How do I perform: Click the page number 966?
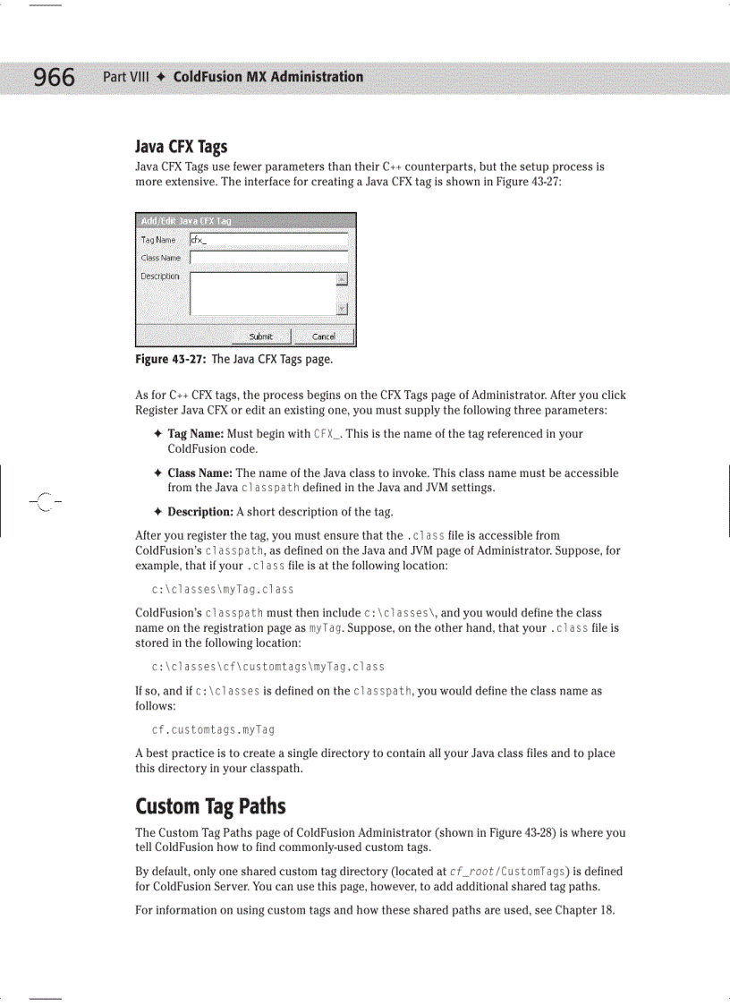click(x=55, y=78)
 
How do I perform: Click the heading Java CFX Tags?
click(x=181, y=147)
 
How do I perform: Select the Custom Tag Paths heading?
click(x=210, y=805)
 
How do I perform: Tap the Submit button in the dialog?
click(x=260, y=336)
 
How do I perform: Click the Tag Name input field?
click(x=268, y=240)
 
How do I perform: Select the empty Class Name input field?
click(x=268, y=258)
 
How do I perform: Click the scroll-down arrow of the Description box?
click(x=342, y=309)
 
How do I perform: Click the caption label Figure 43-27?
click(x=170, y=359)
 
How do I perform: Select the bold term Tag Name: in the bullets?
click(x=195, y=434)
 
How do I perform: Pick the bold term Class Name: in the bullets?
click(x=199, y=473)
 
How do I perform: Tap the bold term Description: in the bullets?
click(x=199, y=512)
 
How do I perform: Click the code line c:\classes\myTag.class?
click(x=223, y=590)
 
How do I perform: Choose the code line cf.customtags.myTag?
click(x=213, y=729)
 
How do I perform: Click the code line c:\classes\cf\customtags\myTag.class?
click(x=268, y=667)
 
